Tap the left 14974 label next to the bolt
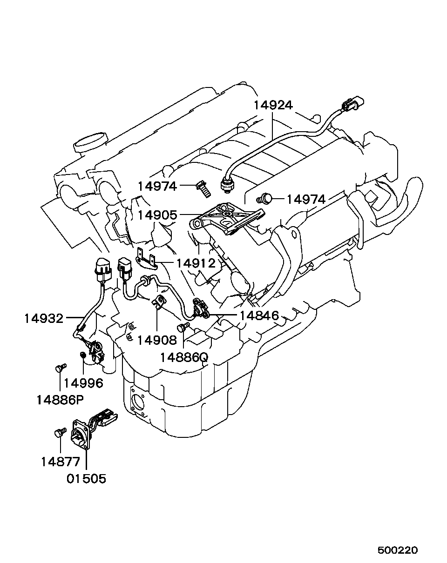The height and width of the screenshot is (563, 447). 157,186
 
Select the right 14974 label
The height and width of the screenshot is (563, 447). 305,200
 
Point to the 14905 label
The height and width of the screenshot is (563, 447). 157,215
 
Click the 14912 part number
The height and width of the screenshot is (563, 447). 196,263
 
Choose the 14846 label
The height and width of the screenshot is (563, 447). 259,316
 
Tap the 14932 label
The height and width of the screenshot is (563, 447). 44,318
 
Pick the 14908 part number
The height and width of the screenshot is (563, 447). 157,340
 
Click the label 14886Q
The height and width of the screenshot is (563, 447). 183,357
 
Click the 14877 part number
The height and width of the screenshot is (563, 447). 61,462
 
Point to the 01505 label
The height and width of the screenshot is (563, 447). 86,478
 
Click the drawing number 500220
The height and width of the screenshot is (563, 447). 398,550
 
